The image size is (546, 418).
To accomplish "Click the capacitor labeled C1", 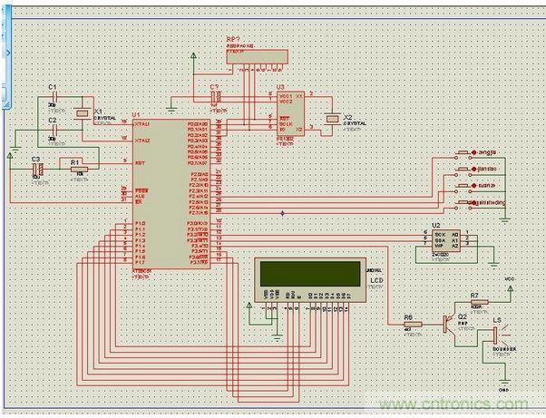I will [52, 99].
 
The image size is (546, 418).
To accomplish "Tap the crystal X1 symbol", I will [83, 113].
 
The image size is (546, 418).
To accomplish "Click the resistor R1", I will [81, 169].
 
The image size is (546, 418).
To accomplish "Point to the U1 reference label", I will [136, 115].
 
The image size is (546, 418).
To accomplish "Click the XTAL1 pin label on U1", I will [141, 125].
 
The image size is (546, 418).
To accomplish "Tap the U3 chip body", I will [292, 112].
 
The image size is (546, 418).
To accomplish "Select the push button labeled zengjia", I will [465, 153].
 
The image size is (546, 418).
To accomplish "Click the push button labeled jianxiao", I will [465, 170].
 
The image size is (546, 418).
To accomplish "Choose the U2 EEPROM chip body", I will [445, 238].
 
